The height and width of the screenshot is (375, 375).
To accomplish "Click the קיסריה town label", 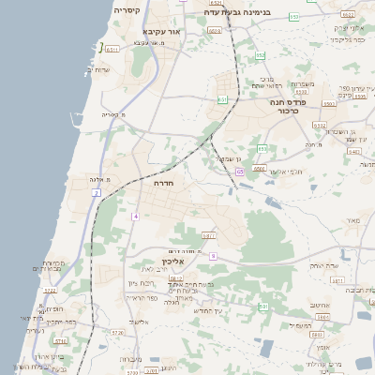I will point(127,10).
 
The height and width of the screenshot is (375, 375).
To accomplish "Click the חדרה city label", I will point(164,185).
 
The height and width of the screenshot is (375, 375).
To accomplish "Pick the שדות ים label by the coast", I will point(97,69).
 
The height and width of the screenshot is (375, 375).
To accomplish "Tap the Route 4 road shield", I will point(135,217).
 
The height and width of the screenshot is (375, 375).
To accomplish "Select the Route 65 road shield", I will point(240,172).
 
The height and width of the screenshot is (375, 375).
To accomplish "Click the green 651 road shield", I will point(222,100).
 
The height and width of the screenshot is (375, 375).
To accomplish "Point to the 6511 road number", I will point(112,49).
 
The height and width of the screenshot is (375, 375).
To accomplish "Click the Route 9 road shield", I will point(214,256).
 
